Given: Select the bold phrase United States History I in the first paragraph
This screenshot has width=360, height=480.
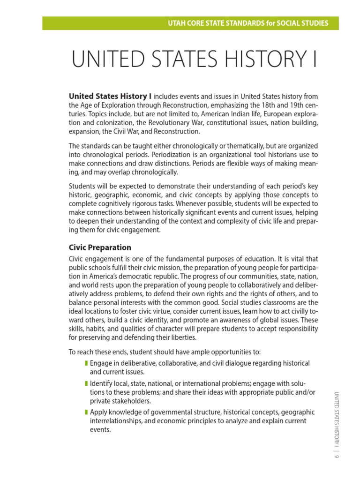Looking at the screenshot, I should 111,96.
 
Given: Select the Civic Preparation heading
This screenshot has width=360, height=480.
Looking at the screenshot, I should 100,247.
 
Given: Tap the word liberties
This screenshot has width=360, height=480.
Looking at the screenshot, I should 180,337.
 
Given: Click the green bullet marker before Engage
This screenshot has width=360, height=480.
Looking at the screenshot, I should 86,363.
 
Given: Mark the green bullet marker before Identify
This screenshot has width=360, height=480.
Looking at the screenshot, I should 86,384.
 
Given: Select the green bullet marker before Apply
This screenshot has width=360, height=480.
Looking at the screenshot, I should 86,412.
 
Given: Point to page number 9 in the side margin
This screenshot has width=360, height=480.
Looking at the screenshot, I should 336,457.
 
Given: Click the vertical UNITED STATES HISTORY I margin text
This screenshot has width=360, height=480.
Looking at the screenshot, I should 336,417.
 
